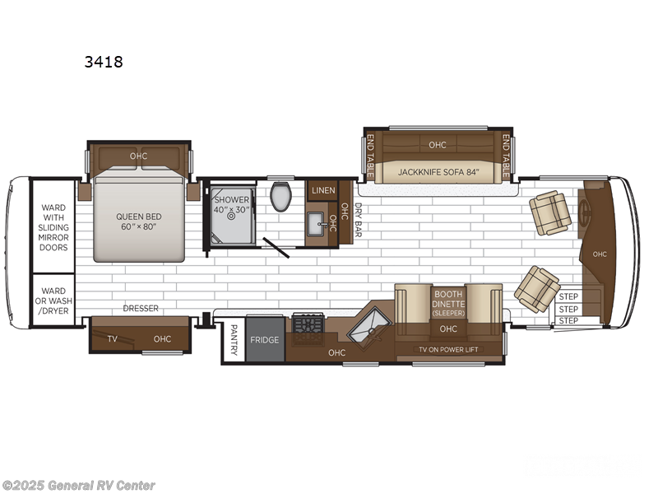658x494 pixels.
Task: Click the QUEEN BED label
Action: pyautogui.click(x=138, y=222)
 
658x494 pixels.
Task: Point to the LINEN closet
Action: pyautogui.click(x=322, y=191)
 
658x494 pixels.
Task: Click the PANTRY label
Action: pyautogui.click(x=234, y=340)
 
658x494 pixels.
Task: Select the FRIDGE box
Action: pyautogui.click(x=265, y=340)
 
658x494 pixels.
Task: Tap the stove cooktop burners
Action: pyautogui.click(x=308, y=327)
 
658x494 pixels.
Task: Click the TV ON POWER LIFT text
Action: pyautogui.click(x=448, y=349)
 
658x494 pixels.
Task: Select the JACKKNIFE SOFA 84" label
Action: pyautogui.click(x=438, y=172)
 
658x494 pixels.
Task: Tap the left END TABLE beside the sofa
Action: pyautogui.click(x=370, y=156)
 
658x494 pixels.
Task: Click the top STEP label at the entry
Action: pyautogui.click(x=568, y=296)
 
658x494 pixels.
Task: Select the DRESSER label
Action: pyautogui.click(x=141, y=309)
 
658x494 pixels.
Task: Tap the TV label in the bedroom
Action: pyautogui.click(x=112, y=338)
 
